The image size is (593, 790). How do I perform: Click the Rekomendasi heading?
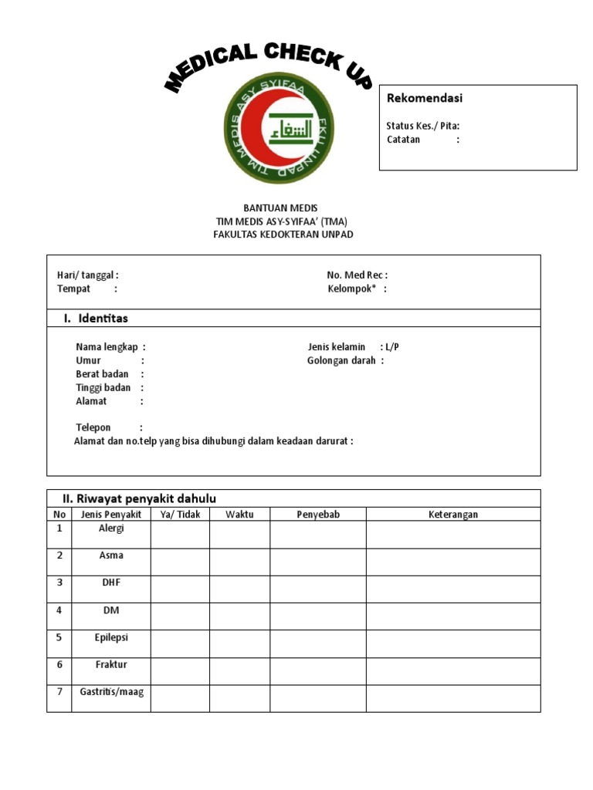tap(424, 99)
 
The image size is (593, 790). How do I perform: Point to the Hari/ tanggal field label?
tap(87, 275)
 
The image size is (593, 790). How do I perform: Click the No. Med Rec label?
tap(357, 275)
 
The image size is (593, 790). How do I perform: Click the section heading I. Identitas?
tap(95, 319)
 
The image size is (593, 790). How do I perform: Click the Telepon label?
tap(93, 427)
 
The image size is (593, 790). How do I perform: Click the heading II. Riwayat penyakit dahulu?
tap(138, 498)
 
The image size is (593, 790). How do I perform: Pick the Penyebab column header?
tap(318, 515)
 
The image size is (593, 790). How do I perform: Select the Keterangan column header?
tap(453, 515)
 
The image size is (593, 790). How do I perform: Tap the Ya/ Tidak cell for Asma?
tap(180, 562)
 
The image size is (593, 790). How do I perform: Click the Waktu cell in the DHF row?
tap(239, 589)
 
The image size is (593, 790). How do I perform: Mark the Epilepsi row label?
tap(111, 638)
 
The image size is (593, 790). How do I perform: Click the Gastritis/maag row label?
tap(111, 693)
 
